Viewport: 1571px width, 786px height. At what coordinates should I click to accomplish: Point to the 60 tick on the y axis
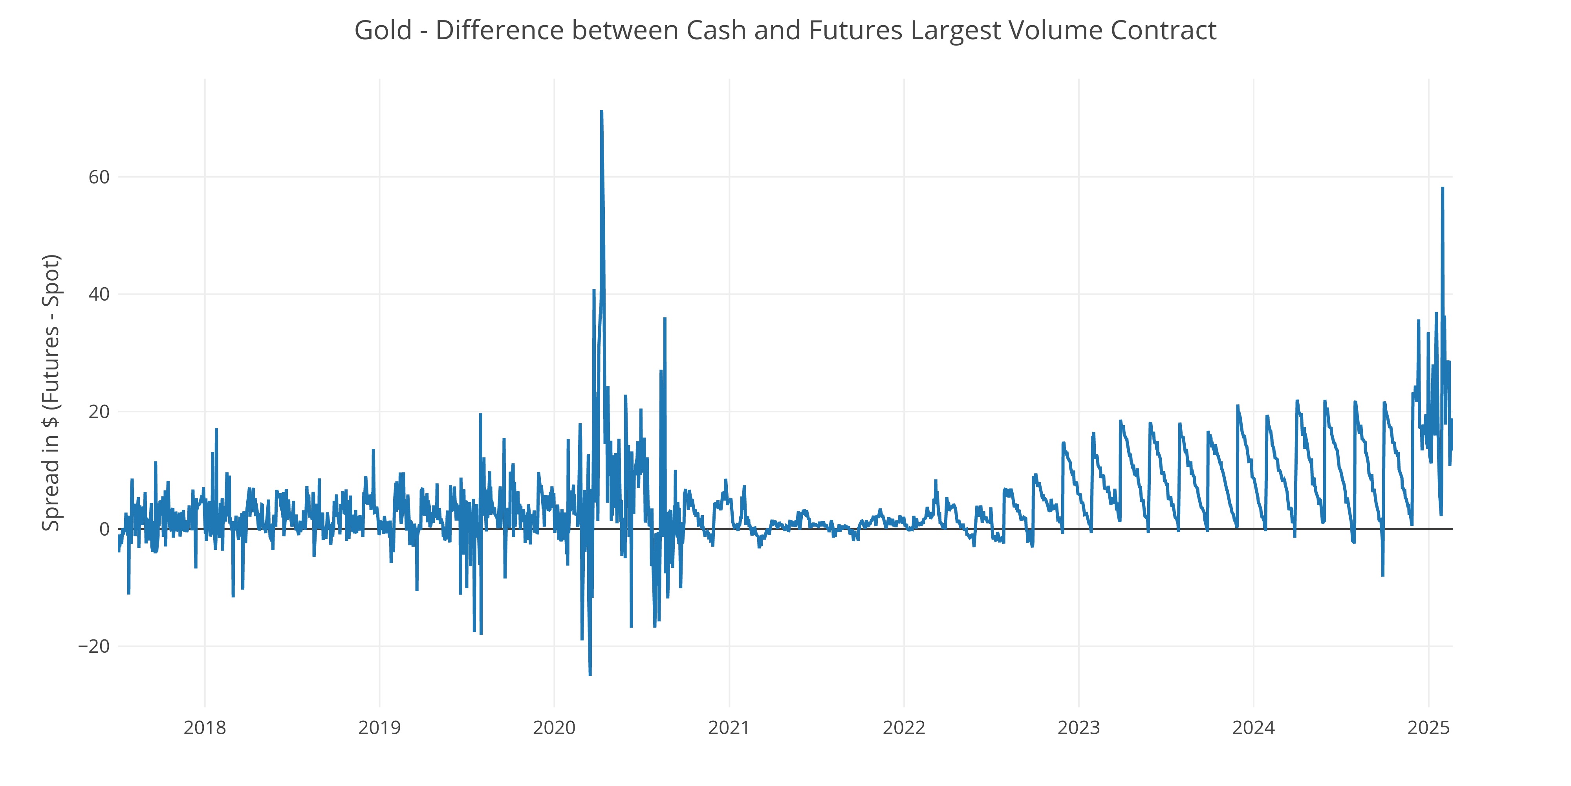[x=99, y=178]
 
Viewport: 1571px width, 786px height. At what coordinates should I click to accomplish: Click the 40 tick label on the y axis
[x=99, y=295]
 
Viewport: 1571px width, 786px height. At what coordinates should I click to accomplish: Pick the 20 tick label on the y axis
[x=99, y=412]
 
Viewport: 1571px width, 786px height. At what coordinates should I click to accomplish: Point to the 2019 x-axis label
[x=379, y=728]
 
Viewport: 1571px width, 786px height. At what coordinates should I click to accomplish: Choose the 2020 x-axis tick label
[x=554, y=728]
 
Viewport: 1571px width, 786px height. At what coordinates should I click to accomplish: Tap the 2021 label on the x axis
[x=729, y=728]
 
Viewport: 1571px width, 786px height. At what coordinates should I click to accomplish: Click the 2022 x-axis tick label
[x=904, y=728]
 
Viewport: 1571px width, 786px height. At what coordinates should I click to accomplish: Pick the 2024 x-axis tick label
[x=1253, y=728]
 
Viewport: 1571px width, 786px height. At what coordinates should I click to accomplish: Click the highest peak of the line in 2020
[x=601, y=112]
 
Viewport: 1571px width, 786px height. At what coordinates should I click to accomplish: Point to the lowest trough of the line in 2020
[x=590, y=674]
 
